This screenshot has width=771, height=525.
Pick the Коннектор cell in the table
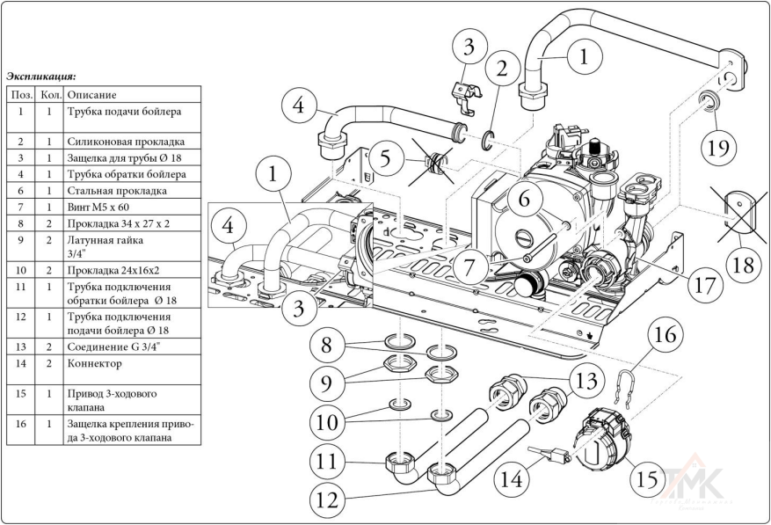pos(95,361)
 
